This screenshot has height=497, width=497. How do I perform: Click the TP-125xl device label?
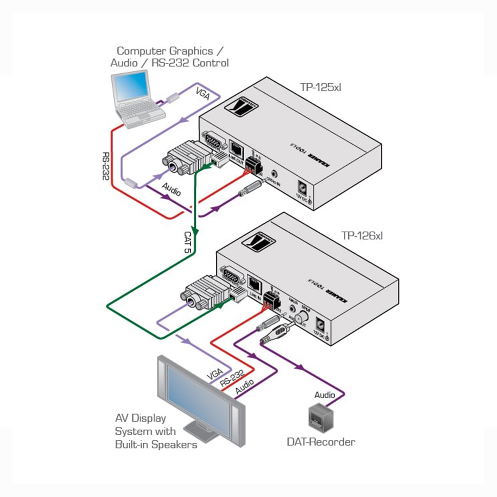320,87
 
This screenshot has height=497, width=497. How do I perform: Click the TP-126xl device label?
362,236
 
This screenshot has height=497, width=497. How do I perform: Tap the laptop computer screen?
131,87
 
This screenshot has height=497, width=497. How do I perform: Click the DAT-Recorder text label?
321,442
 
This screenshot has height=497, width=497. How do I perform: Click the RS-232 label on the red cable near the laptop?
106,166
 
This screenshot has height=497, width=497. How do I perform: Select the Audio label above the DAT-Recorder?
324,395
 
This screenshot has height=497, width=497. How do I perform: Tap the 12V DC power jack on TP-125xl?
303,187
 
